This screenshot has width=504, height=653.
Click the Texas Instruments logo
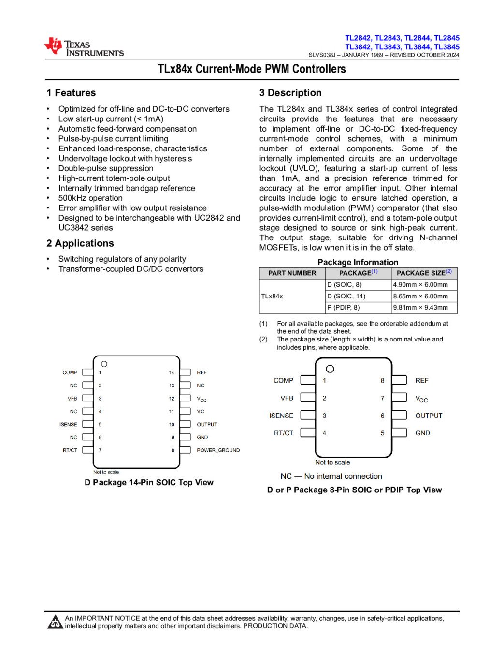pyautogui.click(x=84, y=47)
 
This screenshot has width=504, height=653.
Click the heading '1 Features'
pyautogui.click(x=71, y=93)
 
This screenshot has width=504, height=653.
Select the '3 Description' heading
pyautogui.click(x=290, y=93)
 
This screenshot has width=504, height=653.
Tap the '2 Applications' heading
pyautogui.click(x=80, y=243)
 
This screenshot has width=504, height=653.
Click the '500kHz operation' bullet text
pyautogui.click(x=90, y=198)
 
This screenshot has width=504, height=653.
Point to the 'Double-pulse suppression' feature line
pyautogui.click(x=106, y=168)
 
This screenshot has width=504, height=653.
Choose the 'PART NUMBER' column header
pyautogui.click(x=292, y=273)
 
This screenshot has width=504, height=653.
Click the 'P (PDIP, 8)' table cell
pyautogui.click(x=343, y=307)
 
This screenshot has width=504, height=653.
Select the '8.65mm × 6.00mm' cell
pyautogui.click(x=420, y=296)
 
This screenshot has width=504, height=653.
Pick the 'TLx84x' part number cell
pyautogui.click(x=272, y=296)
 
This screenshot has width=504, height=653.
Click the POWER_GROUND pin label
pyautogui.click(x=218, y=450)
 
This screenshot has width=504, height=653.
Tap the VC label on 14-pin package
pyautogui.click(x=201, y=411)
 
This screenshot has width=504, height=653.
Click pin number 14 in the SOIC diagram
pyautogui.click(x=172, y=372)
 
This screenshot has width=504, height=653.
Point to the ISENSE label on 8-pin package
pyautogui.click(x=281, y=416)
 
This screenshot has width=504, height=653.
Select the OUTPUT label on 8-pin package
pyautogui.click(x=429, y=416)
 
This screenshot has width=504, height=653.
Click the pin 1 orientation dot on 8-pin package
pyautogui.click(x=330, y=369)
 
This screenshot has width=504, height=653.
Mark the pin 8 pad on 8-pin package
pyautogui.click(x=399, y=380)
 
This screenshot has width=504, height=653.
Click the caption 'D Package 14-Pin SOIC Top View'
pyautogui.click(x=149, y=482)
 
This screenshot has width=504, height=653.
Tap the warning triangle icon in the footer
pyautogui.click(x=55, y=622)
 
